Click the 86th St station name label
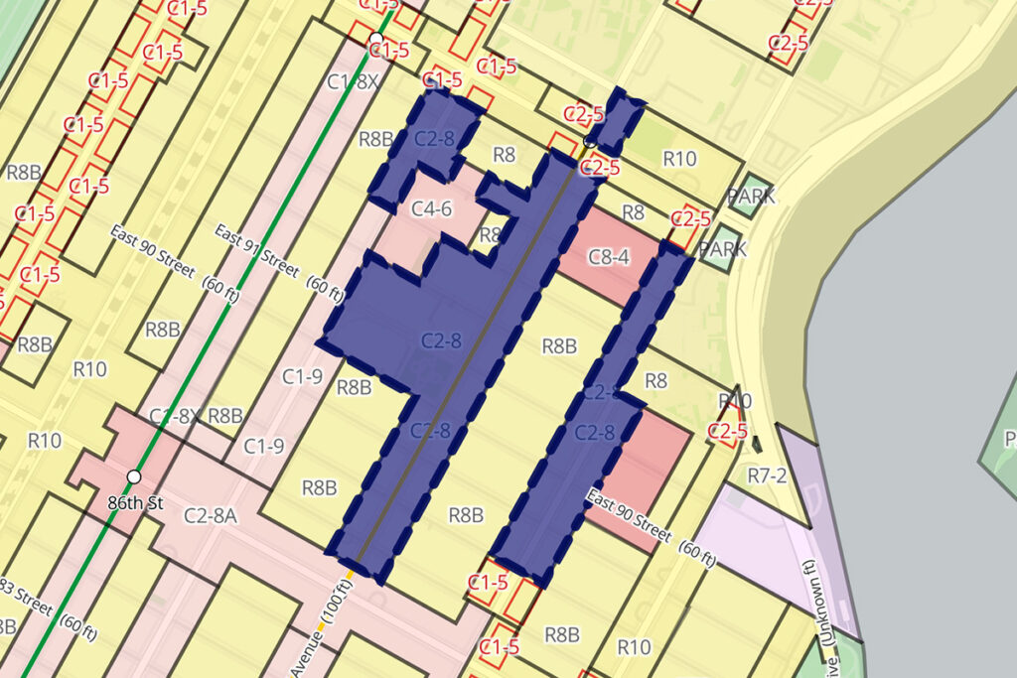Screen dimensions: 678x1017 [x=135, y=503]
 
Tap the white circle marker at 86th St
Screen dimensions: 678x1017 [x=133, y=477]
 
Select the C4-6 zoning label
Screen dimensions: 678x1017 [x=431, y=208]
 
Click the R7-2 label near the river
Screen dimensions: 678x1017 [x=767, y=475]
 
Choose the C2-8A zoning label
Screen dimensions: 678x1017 [x=210, y=514]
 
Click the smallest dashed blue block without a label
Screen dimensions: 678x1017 [x=615, y=118]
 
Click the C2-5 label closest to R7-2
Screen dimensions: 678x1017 [x=727, y=431]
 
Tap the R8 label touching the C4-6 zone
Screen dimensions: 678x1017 [x=491, y=235]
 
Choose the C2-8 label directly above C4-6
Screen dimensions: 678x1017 [x=434, y=139]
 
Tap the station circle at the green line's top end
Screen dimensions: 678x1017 [x=376, y=40]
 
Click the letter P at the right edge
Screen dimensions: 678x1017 [x=1010, y=438]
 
